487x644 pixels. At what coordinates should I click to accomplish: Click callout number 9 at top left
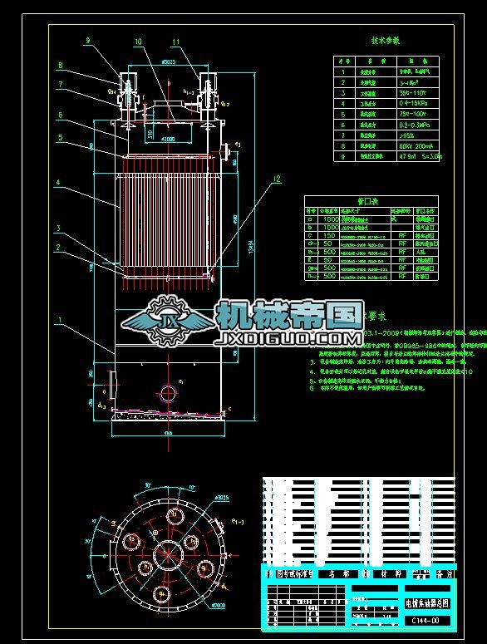[x=90, y=40]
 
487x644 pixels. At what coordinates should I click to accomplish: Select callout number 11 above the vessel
[x=175, y=41]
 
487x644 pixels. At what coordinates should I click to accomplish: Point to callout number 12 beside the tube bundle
[x=278, y=179]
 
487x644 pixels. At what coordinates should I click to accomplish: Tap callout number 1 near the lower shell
[x=59, y=319]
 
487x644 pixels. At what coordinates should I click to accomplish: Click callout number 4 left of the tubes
[x=59, y=181]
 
